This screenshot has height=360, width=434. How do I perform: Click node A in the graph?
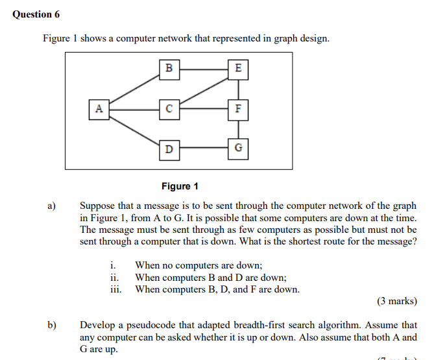(99, 109)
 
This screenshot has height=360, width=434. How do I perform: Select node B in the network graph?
(169, 68)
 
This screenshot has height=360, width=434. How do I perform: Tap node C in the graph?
(169, 109)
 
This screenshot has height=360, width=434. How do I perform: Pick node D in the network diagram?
(169, 149)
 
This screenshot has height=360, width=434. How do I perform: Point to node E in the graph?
(238, 68)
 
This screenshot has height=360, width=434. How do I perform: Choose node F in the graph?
(238, 109)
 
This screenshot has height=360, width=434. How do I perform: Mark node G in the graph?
(238, 149)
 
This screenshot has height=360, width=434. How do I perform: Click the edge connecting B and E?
(204, 68)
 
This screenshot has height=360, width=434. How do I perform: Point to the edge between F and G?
(238, 129)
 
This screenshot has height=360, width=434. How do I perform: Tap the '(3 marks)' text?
(396, 302)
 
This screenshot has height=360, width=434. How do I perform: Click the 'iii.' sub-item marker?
(117, 289)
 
